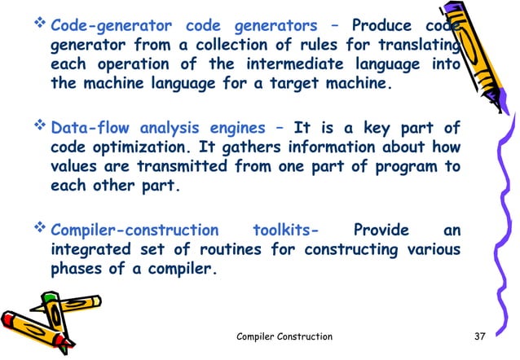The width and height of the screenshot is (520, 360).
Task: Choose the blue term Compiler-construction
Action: (134, 230)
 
